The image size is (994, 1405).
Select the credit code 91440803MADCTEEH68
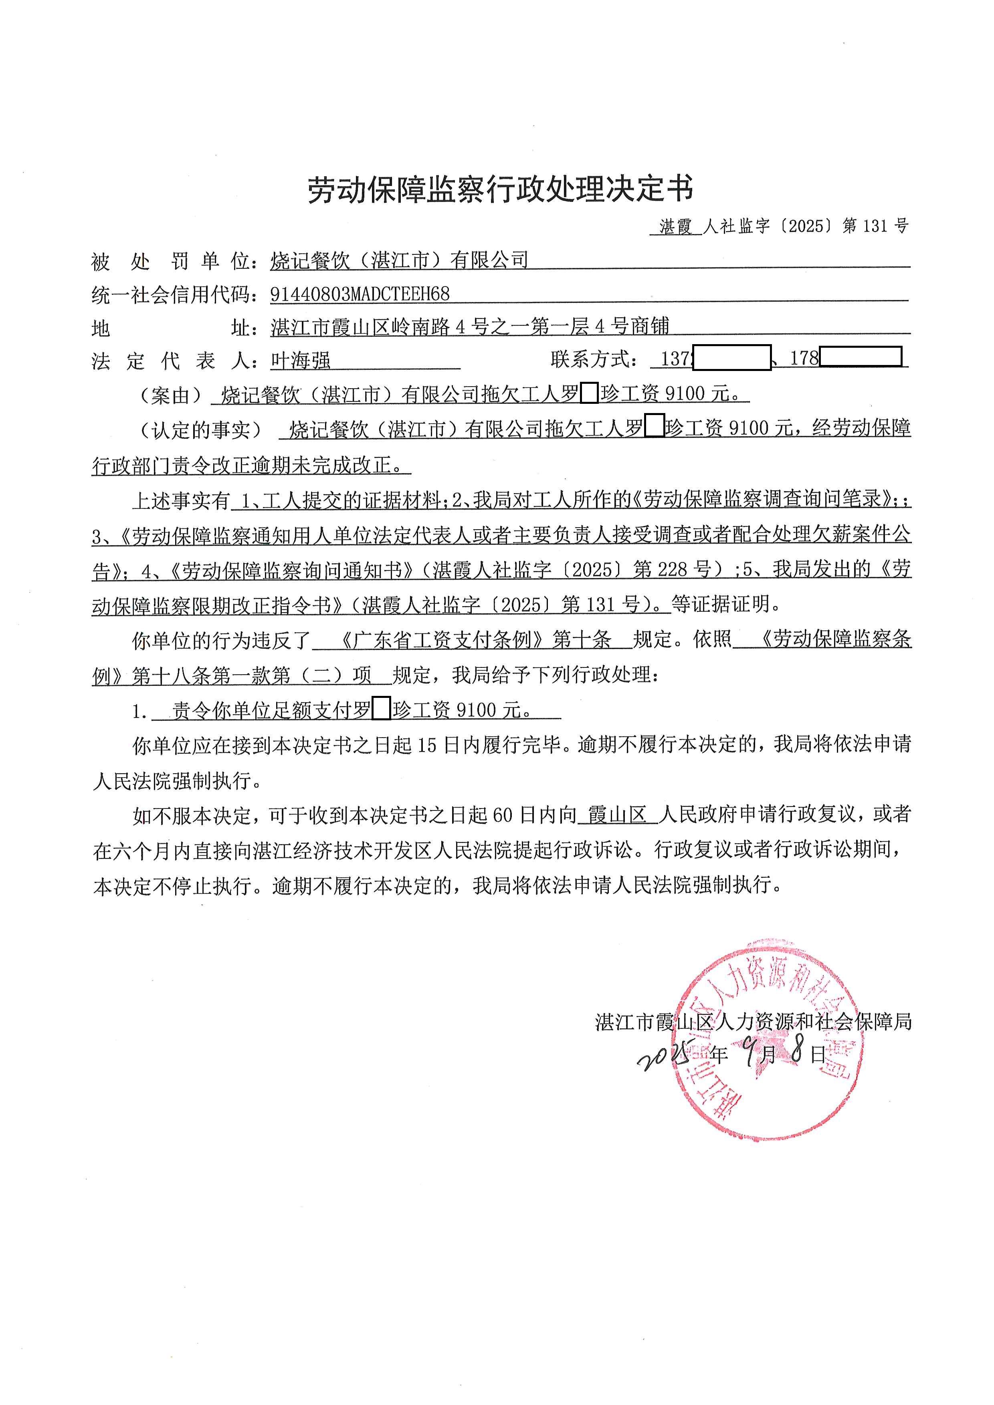(x=360, y=294)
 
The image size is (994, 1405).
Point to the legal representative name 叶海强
(x=301, y=361)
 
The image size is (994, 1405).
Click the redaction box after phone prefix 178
(x=860, y=357)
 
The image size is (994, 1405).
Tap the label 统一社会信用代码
(x=174, y=295)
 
